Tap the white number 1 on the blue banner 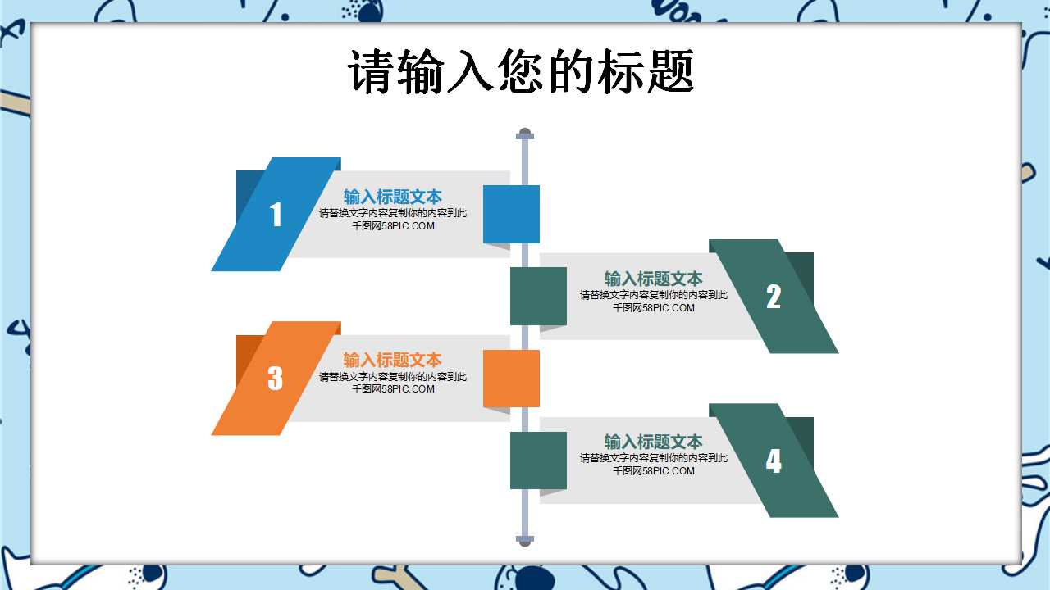pyautogui.click(x=276, y=215)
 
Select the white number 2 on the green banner pyautogui.click(x=774, y=297)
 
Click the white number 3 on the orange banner pyautogui.click(x=276, y=378)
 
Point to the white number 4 pyautogui.click(x=774, y=461)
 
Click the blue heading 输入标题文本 pyautogui.click(x=392, y=197)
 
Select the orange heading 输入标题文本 pyautogui.click(x=392, y=360)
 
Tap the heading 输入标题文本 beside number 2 pyautogui.click(x=653, y=279)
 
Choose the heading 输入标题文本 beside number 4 pyautogui.click(x=653, y=442)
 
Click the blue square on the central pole pyautogui.click(x=511, y=214)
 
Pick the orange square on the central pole pyautogui.click(x=511, y=378)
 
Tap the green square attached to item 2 pyautogui.click(x=538, y=296)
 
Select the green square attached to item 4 pyautogui.click(x=538, y=460)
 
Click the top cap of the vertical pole pyautogui.click(x=525, y=134)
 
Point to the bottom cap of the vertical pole pyautogui.click(x=525, y=540)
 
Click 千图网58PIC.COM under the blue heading pyautogui.click(x=393, y=226)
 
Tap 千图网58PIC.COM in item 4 pyautogui.click(x=654, y=471)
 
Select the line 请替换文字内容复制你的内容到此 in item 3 pyautogui.click(x=393, y=377)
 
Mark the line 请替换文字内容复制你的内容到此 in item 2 pyautogui.click(x=654, y=295)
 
